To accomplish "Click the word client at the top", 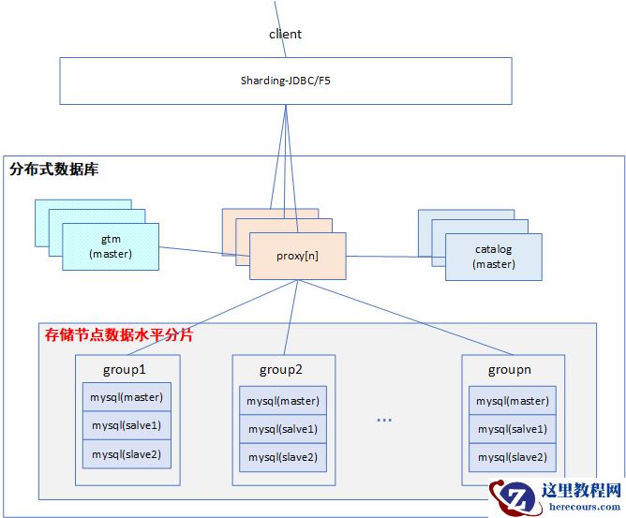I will [x=286, y=34].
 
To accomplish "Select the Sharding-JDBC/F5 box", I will [x=285, y=81].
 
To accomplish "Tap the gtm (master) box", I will [x=111, y=246].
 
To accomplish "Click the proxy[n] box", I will [x=298, y=256].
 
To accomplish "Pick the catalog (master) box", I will [x=494, y=257].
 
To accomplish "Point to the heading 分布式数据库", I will [x=53, y=170].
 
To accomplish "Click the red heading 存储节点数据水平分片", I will [x=119, y=334].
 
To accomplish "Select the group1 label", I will [x=127, y=368].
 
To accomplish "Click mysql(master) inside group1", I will [x=127, y=396].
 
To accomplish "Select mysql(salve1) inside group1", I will [x=127, y=425].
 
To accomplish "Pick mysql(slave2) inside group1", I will [x=127, y=454].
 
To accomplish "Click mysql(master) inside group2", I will [x=283, y=401].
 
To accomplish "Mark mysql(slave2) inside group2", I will [x=283, y=457].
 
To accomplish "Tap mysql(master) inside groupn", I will [x=512, y=401].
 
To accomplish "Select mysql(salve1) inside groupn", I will [x=512, y=429].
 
